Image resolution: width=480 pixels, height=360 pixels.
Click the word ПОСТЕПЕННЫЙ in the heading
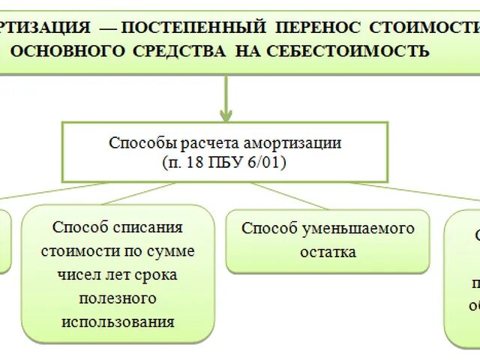point(193,28)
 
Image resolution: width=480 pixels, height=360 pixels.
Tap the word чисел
point(76,274)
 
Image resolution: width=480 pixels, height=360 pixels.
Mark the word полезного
point(117,298)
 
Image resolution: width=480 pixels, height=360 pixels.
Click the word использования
point(117,322)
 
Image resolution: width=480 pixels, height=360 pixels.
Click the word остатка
point(328,252)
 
